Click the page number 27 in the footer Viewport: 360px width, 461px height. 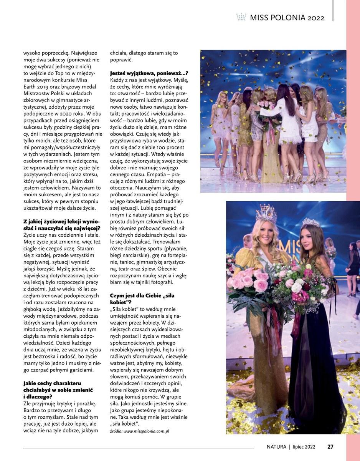pyautogui.click(x=330, y=446)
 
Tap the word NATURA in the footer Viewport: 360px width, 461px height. pyautogui.click(x=277, y=446)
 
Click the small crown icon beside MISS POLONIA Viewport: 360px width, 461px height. pyautogui.click(x=241, y=17)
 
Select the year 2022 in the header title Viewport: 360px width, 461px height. pyautogui.click(x=316, y=18)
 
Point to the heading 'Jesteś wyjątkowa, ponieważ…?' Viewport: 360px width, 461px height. pyautogui.click(x=149, y=73)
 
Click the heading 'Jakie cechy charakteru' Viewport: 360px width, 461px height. pyautogui.click(x=52, y=383)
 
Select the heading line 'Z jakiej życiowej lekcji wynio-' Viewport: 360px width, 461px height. pyautogui.click(x=61, y=221)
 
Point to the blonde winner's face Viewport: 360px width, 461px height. pyautogui.click(x=266, y=232)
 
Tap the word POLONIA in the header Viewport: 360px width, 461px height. pyautogui.click(x=286, y=18)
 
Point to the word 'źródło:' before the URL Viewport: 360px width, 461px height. pyautogui.click(x=116, y=431)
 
